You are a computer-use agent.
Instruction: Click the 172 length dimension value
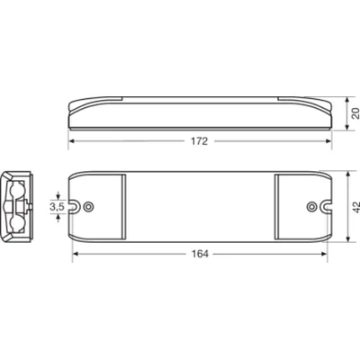tap(200, 141)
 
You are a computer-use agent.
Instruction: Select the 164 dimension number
tap(200, 255)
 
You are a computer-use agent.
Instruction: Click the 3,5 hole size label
tap(57, 206)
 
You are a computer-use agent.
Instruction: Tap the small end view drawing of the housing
tap(18, 206)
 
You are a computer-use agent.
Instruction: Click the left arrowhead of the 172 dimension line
tap(73, 141)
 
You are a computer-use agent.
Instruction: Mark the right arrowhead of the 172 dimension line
tap(328, 141)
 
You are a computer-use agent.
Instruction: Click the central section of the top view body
tap(200, 206)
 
